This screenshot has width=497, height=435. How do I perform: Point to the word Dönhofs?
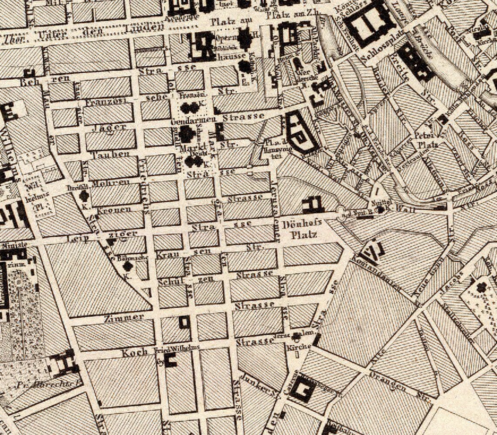(x=302, y=223)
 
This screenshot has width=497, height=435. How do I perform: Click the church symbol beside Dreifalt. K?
(x=84, y=196)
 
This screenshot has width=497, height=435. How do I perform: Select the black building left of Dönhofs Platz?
(x=313, y=204)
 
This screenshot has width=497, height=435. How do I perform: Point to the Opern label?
(x=225, y=38)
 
